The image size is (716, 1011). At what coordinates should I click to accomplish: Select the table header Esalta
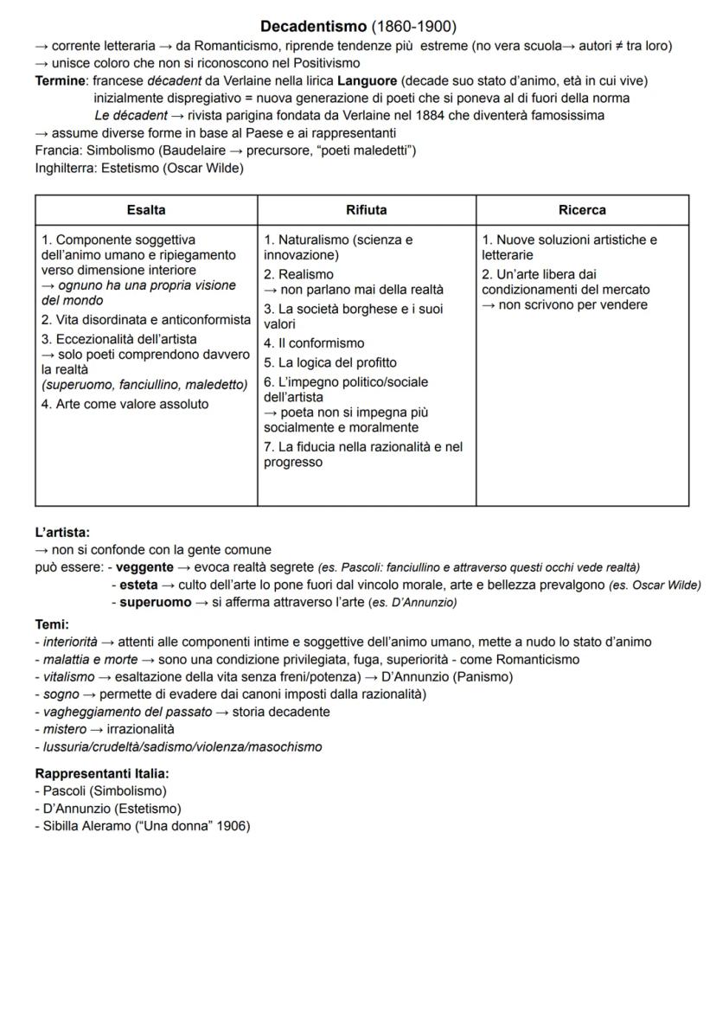click(x=146, y=209)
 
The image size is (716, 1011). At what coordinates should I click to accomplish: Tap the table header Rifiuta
click(x=367, y=209)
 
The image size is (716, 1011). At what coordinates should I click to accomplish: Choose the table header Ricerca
click(x=582, y=209)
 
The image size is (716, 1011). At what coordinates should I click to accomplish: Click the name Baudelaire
click(x=204, y=150)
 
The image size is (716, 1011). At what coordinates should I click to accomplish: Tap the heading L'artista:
click(x=62, y=532)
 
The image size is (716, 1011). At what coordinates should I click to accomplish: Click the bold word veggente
click(x=144, y=567)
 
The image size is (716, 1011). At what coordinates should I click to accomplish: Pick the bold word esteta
click(x=139, y=585)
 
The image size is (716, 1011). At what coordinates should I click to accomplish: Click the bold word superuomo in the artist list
click(x=156, y=602)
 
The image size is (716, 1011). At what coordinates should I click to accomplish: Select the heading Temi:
click(x=52, y=624)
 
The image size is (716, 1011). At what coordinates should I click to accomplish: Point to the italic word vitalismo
click(x=66, y=676)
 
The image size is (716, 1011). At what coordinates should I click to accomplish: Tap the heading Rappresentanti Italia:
click(x=102, y=773)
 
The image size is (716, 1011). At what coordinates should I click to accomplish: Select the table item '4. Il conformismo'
click(x=314, y=343)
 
